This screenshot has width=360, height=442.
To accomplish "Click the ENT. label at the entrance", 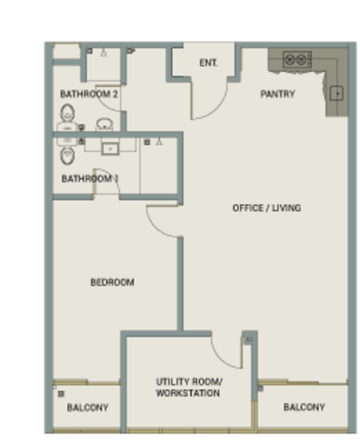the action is (x=208, y=63).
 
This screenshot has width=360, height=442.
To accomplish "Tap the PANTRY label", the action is (x=278, y=94).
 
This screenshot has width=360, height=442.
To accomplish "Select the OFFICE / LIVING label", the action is (x=267, y=208).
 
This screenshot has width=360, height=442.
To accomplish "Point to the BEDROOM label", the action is (x=112, y=282).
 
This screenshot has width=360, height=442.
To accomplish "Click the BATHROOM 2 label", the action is (x=89, y=94).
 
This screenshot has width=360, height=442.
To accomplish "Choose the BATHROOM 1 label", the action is (x=90, y=179).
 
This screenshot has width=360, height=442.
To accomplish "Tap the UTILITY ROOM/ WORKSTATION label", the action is (x=188, y=387).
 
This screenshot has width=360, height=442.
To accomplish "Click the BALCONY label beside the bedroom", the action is (x=88, y=407).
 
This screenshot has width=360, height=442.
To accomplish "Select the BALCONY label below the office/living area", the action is (x=304, y=407).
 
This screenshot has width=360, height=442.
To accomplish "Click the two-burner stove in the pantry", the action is (x=297, y=60).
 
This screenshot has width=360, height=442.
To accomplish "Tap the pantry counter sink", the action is (x=336, y=94).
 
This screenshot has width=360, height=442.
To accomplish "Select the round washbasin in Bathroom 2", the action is (x=105, y=124).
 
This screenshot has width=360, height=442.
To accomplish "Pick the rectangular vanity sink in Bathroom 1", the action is (x=110, y=149).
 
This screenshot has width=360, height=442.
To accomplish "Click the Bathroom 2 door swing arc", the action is (x=104, y=104).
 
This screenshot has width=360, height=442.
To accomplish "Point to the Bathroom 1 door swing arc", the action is (x=112, y=174).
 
